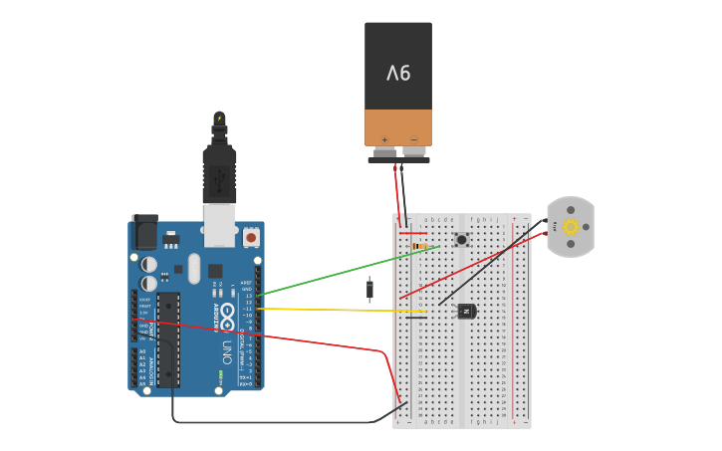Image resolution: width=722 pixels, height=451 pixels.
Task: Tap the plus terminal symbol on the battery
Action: pos(384,139)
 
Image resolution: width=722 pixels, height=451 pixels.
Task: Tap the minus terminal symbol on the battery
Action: pos(413,139)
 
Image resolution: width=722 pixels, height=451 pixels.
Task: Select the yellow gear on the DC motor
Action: pos(571,226)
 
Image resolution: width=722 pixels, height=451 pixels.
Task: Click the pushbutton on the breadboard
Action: pos(462,239)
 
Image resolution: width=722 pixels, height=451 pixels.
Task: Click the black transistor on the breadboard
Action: pos(466,311)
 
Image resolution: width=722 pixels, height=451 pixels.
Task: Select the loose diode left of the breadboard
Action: pos(369,289)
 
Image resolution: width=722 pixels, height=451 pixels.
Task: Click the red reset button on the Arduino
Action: pos(251,238)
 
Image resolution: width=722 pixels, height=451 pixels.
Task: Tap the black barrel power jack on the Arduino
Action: pos(144,232)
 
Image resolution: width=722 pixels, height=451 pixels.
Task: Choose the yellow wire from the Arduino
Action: pos(339,310)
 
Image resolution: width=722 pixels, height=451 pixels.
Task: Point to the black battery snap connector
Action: pos(398,158)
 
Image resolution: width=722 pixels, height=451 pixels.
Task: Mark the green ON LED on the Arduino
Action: pos(220,374)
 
